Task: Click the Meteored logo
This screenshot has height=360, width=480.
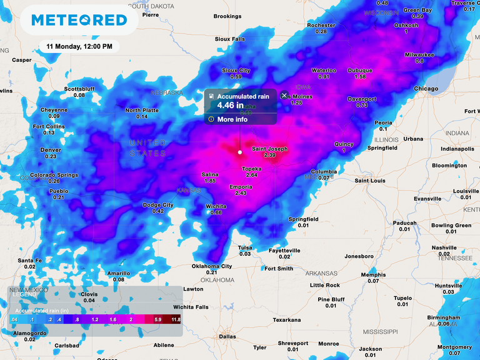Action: pyautogui.click(x=79, y=19)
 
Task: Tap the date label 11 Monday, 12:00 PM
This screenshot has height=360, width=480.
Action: pyautogui.click(x=79, y=47)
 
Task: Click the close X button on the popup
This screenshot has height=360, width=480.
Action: pyautogui.click(x=284, y=96)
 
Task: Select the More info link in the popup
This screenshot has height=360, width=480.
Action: pyautogui.click(x=232, y=119)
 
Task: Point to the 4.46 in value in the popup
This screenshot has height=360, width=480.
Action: pyautogui.click(x=231, y=106)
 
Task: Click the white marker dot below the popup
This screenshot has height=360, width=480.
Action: pyautogui.click(x=240, y=152)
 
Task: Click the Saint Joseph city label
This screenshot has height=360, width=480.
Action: pyautogui.click(x=269, y=149)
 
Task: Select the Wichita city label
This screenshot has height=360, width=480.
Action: pyautogui.click(x=216, y=206)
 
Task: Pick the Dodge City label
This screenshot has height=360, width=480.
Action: pyautogui.click(x=158, y=205)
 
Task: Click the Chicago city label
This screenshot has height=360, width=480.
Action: pyautogui.click(x=426, y=89)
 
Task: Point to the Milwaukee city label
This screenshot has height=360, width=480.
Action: pyautogui.click(x=419, y=54)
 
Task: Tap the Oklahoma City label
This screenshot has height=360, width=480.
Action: pyautogui.click(x=211, y=266)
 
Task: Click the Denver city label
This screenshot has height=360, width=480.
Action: pyautogui.click(x=51, y=150)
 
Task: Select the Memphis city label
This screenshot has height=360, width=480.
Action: pyautogui.click(x=373, y=274)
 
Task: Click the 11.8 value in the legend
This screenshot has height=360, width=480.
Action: pyautogui.click(x=176, y=319)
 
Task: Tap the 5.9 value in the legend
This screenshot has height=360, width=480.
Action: pyautogui.click(x=158, y=319)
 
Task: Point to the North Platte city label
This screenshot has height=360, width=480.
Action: pyautogui.click(x=142, y=110)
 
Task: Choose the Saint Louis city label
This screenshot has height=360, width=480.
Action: pyautogui.click(x=369, y=181)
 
